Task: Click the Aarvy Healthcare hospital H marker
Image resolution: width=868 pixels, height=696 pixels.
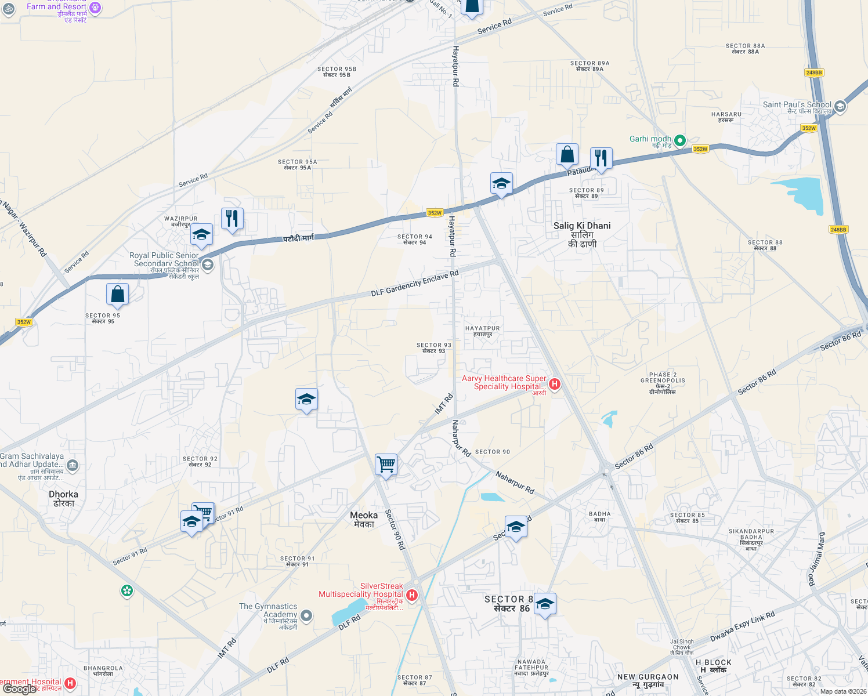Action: (555, 383)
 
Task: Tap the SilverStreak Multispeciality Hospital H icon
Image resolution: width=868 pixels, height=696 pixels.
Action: (412, 595)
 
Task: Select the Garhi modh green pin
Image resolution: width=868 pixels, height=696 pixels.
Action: (680, 140)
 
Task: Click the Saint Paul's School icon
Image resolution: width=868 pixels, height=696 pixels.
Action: (840, 106)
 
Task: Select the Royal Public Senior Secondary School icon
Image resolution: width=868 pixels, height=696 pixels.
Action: (208, 265)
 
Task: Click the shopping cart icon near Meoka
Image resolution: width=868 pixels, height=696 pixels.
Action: (386, 465)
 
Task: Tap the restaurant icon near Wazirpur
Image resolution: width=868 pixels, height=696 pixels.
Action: (232, 219)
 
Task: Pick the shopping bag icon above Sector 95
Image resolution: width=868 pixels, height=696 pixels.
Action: (118, 294)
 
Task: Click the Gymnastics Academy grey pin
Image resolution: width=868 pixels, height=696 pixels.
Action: (307, 615)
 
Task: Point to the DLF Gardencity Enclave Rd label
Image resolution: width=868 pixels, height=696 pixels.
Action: (414, 283)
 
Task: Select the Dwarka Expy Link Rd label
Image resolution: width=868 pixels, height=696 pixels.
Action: (742, 627)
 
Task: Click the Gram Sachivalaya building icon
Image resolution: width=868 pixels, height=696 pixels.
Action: (73, 465)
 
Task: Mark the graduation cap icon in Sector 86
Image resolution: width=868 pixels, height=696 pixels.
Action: (545, 605)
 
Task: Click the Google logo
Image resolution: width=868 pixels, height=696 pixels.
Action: (20, 689)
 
